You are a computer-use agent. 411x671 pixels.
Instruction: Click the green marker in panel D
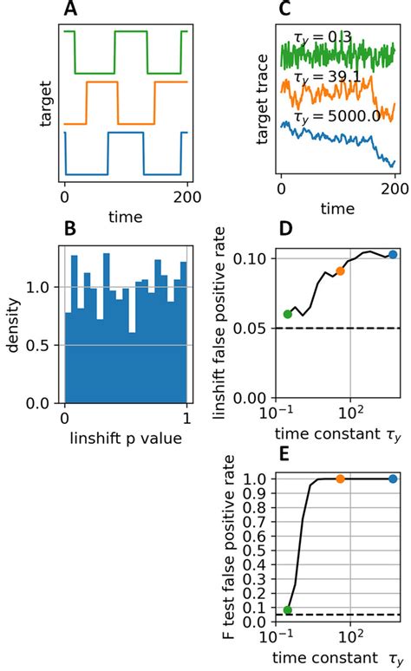coord(287,314)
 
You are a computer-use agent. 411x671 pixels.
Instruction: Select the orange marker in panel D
coord(340,271)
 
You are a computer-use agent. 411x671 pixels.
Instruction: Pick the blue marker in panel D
coord(393,255)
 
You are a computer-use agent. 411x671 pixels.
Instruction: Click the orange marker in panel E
coord(340,479)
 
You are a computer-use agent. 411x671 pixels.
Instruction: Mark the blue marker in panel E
coord(393,479)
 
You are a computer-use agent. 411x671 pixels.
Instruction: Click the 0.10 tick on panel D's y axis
coord(246,258)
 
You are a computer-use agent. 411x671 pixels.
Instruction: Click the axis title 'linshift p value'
coord(125,440)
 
